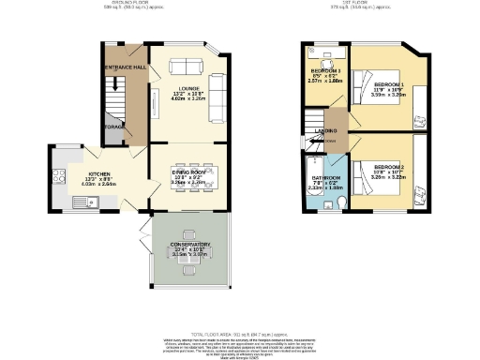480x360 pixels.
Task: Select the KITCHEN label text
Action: point(99,174)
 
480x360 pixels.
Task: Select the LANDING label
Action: point(326,131)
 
